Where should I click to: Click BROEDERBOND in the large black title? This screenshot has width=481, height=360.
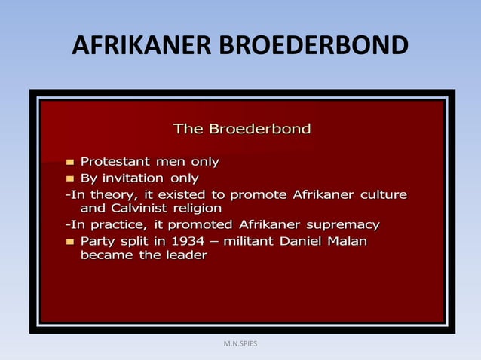point(313,47)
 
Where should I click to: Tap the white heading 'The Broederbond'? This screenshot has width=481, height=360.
point(241,129)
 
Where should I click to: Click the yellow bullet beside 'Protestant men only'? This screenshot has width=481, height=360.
point(70,162)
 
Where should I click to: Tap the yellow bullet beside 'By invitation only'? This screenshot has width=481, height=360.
point(70,179)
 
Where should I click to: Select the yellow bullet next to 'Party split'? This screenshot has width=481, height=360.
point(70,243)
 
